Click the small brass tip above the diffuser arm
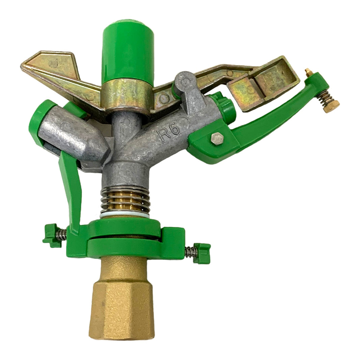[x=308, y=72]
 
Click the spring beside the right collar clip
[x=190, y=252]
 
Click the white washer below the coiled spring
[x=125, y=215]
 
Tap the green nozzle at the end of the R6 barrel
[x=224, y=108]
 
